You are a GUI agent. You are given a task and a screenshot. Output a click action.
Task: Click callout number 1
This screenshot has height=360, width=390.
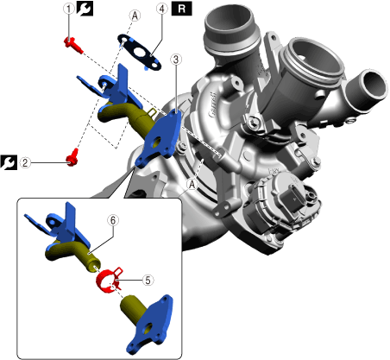tap(68, 9)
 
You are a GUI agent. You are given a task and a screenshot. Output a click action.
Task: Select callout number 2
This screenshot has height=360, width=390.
tap(25, 163)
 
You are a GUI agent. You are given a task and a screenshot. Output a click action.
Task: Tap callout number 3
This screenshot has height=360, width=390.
tap(176, 60)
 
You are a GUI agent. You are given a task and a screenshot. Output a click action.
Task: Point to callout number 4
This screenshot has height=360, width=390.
tap(162, 9)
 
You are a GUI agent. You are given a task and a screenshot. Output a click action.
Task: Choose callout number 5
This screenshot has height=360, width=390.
tap(148, 280)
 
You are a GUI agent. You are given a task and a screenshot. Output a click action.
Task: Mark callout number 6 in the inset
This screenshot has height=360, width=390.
tap(113, 220)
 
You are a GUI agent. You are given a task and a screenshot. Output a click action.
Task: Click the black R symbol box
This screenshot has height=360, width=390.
tap(181, 9)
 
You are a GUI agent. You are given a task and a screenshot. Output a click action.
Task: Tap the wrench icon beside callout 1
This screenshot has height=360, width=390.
tap(85, 9)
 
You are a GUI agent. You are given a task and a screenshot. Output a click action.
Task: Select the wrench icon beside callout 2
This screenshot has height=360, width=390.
tap(9, 162)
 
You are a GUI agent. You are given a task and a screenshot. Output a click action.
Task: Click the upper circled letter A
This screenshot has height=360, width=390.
tap(135, 16)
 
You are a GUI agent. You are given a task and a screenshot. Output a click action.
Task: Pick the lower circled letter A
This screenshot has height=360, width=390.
tap(192, 185)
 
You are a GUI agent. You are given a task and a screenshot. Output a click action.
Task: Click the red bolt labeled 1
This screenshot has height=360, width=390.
tap(72, 46)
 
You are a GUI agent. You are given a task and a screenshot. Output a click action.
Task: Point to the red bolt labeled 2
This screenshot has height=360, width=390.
tap(72, 157)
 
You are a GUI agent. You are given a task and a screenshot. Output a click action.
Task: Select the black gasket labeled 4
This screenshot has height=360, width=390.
tap(139, 53)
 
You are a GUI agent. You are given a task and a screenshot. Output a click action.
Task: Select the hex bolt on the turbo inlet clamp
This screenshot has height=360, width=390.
tap(253, 122)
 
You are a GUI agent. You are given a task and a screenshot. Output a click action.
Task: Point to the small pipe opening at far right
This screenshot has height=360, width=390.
tap(373, 85)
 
